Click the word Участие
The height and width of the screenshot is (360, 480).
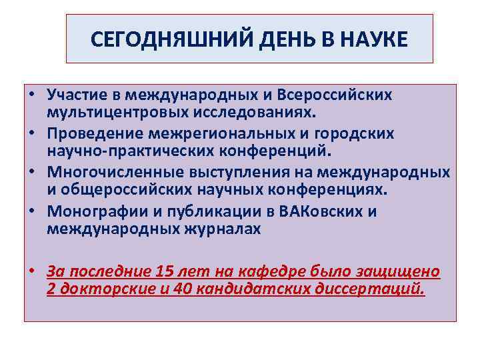click(77, 95)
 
